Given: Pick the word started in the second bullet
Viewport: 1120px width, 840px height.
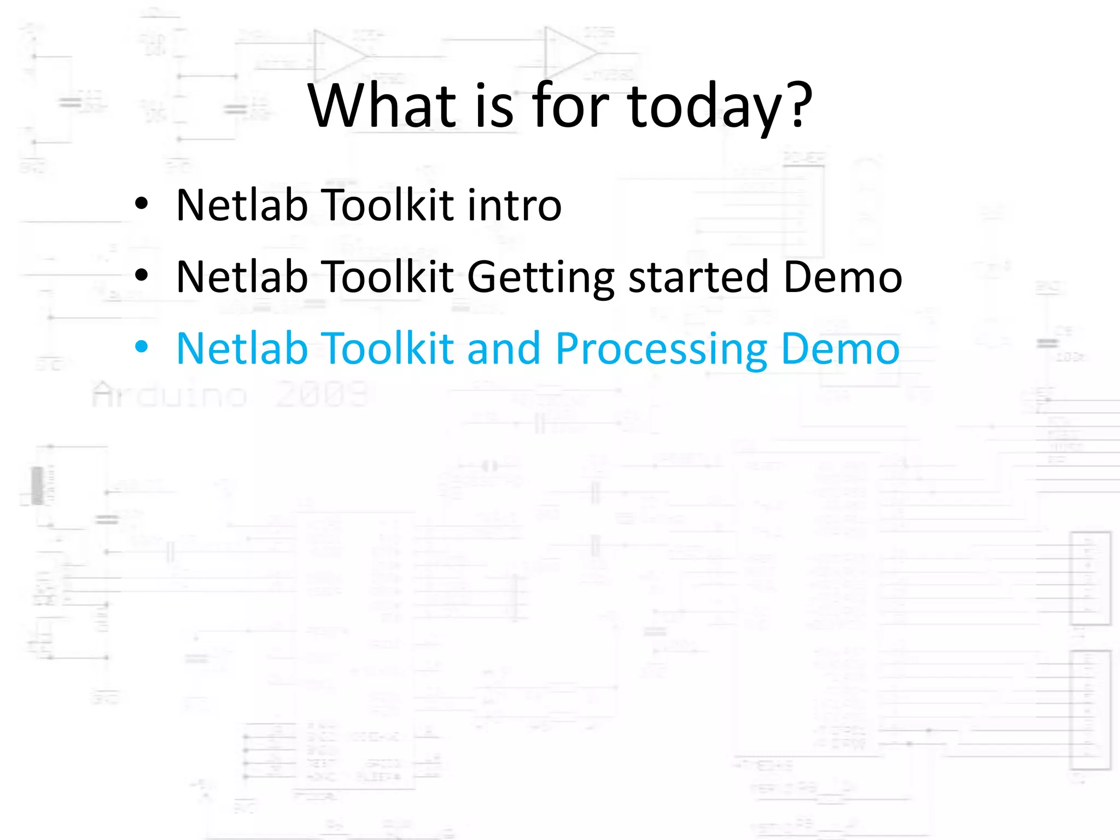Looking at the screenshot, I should click(x=699, y=277).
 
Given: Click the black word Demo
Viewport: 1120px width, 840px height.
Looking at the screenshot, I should click(x=843, y=277).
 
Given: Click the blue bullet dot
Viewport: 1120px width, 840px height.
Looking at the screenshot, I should click(x=142, y=347).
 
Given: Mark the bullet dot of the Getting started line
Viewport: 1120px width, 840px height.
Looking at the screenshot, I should click(x=142, y=275).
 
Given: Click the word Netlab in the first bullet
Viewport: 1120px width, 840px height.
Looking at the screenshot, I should click(x=242, y=205).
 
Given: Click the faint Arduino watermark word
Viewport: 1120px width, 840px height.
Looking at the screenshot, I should click(x=170, y=395).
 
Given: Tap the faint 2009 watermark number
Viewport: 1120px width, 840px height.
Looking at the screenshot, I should click(x=322, y=395).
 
